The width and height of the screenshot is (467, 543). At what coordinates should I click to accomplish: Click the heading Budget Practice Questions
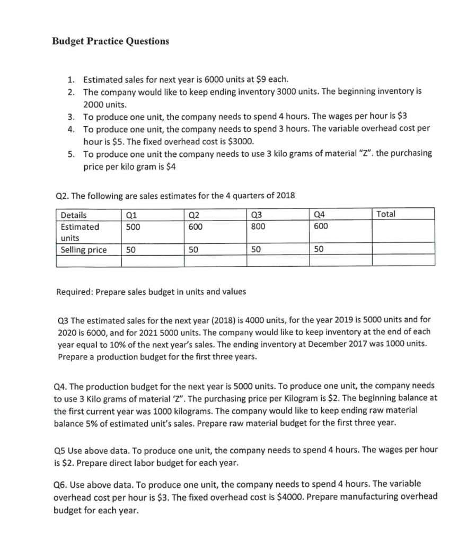click(110, 41)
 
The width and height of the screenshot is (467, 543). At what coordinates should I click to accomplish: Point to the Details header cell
click(74, 215)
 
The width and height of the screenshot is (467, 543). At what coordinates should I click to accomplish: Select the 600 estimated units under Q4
click(321, 226)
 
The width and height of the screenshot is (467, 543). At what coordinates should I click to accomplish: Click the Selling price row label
click(83, 250)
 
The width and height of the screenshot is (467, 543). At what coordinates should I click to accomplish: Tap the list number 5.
click(71, 153)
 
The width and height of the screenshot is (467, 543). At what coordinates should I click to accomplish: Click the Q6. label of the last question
click(62, 484)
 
